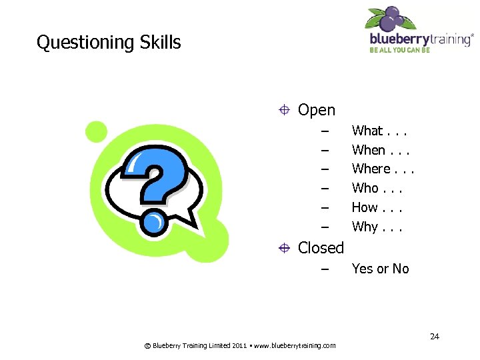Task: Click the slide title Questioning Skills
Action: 109,43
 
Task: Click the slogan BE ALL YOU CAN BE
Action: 401,51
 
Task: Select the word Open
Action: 317,110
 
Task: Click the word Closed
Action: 321,248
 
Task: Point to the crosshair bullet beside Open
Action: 285,110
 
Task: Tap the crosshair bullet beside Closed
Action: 285,248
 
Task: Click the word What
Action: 367,131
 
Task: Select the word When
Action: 368,150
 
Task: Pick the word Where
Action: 371,169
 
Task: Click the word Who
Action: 365,188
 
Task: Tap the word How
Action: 365,207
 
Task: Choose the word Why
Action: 365,227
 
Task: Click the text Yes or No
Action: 380,269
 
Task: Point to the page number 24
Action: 434,336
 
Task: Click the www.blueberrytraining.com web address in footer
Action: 295,345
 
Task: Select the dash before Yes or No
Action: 325,269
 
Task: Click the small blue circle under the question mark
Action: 153,221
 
